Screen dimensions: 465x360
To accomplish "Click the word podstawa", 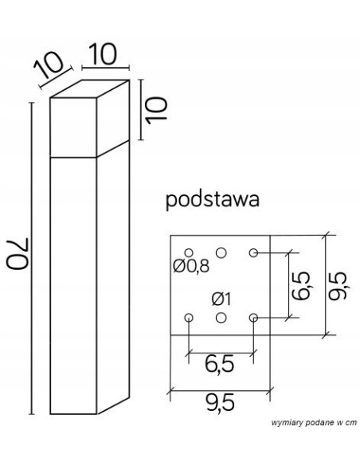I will tap(213, 200).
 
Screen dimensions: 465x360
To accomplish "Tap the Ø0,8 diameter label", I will tap(191, 267).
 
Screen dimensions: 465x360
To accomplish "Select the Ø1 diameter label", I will tap(221, 299).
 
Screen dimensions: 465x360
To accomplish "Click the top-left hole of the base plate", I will tap(189, 252).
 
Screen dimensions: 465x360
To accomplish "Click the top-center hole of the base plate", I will tap(221, 252).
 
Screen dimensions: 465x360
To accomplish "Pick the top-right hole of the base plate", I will tap(253, 252).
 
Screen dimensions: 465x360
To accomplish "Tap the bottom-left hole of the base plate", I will tap(189, 318).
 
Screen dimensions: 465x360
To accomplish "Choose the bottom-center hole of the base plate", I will tap(221, 318).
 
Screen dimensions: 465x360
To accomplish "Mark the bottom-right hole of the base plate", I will tap(253, 318).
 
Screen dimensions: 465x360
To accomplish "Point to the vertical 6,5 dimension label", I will tap(299, 284).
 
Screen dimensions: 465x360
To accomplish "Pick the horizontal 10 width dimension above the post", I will tap(104, 56).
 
